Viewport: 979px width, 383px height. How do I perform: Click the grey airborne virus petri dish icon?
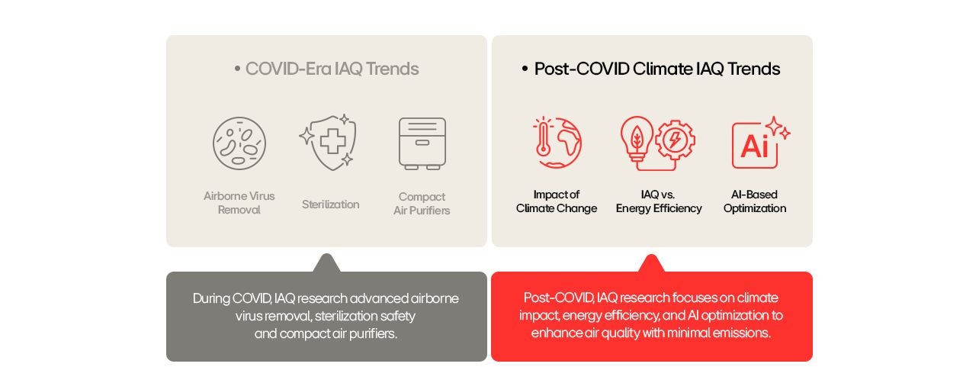point(239,143)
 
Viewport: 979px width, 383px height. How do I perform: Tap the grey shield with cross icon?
point(328,142)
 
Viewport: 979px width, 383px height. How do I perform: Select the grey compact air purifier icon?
point(422,143)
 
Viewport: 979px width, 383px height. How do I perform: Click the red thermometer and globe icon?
point(557,142)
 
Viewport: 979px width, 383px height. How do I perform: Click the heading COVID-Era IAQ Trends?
point(332,69)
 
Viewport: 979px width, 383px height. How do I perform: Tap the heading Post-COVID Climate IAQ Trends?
point(656,69)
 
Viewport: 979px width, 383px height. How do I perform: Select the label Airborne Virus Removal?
point(239,202)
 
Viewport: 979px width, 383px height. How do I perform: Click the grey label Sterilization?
point(330,204)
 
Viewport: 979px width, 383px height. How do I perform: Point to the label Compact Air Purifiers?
point(422,203)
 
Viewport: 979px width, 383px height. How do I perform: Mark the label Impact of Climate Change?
point(557,201)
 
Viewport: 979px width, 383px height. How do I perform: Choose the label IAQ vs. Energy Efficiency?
point(659,201)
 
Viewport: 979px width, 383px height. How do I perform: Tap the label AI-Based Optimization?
point(755,201)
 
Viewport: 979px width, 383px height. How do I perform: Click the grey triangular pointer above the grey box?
point(326,263)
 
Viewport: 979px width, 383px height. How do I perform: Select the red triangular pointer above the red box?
point(651,263)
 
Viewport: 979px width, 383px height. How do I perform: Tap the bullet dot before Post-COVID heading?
point(525,69)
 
